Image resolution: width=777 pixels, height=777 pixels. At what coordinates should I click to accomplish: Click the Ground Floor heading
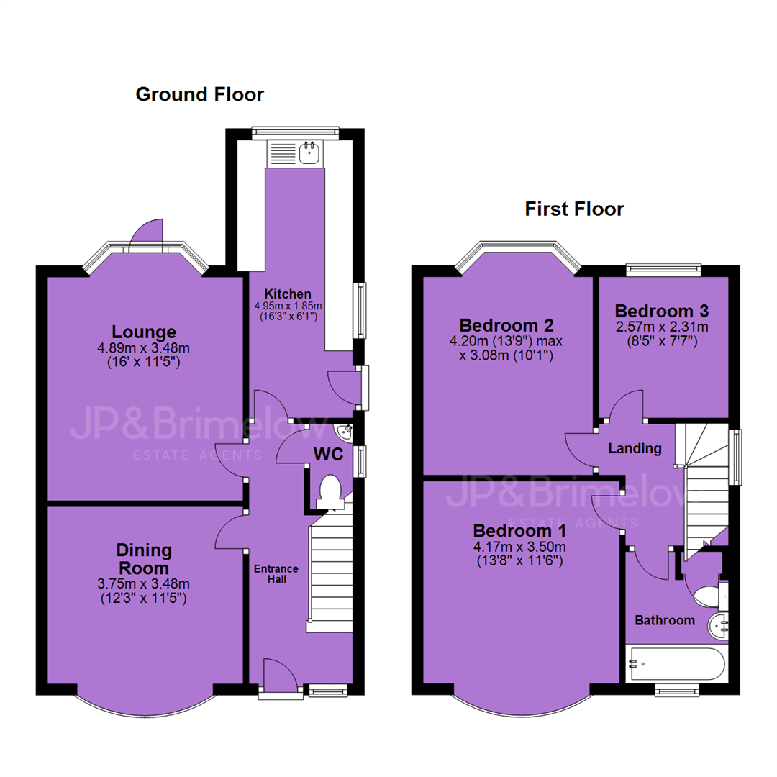(x=200, y=94)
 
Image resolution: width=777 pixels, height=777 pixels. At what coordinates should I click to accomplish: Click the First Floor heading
(x=574, y=209)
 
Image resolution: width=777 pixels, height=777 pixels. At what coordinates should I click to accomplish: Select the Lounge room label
(x=144, y=332)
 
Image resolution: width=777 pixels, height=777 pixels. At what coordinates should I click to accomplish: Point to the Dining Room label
(x=143, y=559)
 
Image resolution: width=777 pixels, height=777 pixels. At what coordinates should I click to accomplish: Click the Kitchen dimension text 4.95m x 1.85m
(x=288, y=306)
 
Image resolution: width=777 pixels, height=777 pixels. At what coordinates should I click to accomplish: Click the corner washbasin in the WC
(x=345, y=432)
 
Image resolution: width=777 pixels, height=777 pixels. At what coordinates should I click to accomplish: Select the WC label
(x=328, y=454)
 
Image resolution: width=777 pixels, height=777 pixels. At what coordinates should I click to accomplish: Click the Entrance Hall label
(x=276, y=574)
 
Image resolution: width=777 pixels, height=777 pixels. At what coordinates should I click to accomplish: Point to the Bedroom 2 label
(x=506, y=325)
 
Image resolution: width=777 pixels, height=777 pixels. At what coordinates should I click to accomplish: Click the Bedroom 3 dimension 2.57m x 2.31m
(x=662, y=327)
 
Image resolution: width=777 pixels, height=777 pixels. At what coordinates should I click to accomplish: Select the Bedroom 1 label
(x=519, y=531)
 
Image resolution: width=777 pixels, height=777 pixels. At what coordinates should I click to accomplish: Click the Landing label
(x=635, y=448)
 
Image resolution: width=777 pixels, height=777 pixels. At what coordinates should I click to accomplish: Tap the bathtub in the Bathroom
(x=676, y=663)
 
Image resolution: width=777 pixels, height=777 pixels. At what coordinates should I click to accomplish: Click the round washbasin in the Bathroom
(x=717, y=627)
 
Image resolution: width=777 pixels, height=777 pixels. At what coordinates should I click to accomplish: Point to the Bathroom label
(x=665, y=620)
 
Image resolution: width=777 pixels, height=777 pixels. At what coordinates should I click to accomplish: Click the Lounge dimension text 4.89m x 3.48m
(x=144, y=348)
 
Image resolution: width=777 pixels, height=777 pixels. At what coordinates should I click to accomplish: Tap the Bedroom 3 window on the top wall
(x=663, y=270)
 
